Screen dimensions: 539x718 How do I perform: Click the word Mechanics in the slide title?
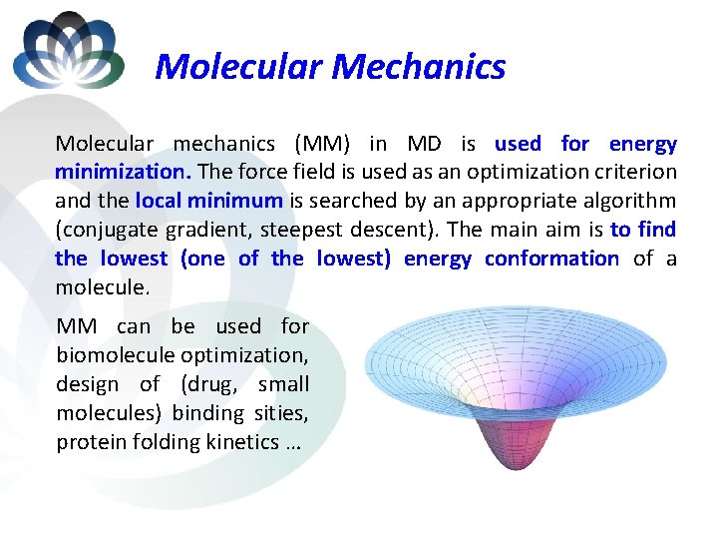(418, 67)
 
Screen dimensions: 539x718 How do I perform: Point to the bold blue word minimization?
(118, 173)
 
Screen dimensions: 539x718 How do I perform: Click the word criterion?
(637, 173)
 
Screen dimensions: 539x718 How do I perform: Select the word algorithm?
(629, 201)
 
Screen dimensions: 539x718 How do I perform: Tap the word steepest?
(300, 230)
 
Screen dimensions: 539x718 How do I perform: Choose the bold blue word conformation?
(551, 259)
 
